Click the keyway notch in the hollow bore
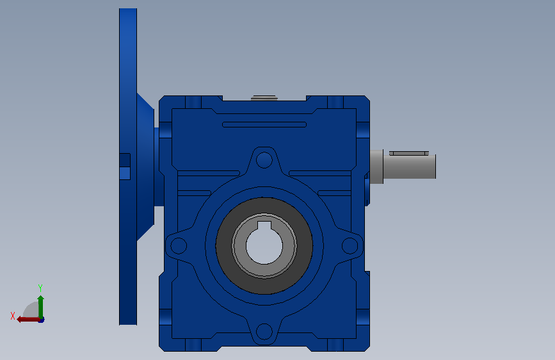[264, 225]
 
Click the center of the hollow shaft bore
[264, 246]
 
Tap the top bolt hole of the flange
[264, 160]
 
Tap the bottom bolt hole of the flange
[264, 332]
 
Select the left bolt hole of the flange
[179, 245]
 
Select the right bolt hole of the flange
[350, 245]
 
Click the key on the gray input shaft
[409, 154]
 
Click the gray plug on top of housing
[264, 98]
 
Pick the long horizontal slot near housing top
[264, 124]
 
